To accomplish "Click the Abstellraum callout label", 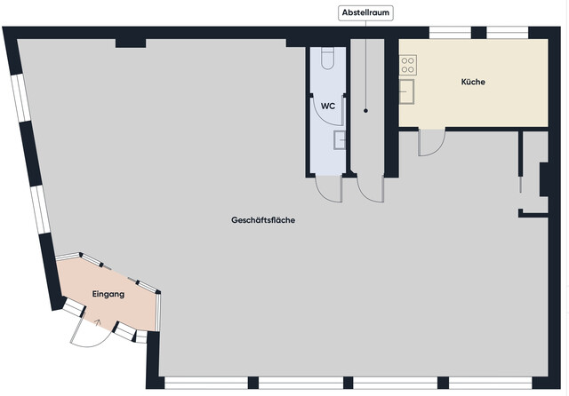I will [366, 13].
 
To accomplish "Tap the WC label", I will [328, 106].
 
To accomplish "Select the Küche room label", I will [473, 83].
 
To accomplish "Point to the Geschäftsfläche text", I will [263, 220].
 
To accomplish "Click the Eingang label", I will [108, 294].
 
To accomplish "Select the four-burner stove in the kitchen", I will [408, 65].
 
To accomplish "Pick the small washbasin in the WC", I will [340, 139].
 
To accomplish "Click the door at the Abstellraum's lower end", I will [369, 188].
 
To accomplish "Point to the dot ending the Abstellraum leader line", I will [366, 111].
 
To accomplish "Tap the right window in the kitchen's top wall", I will [508, 33].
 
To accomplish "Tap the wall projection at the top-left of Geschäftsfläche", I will [131, 43].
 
